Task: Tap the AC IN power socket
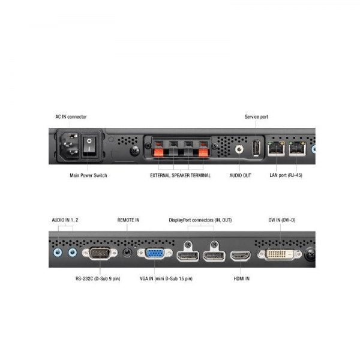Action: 70,146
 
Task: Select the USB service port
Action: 257,148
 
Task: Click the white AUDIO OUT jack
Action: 239,149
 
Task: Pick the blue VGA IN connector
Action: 155,253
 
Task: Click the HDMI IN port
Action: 241,256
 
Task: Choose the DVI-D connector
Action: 280,254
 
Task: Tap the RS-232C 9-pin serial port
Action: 100,253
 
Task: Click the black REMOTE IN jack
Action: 127,253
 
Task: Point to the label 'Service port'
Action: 256,117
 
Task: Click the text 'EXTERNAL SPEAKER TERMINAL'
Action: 180,175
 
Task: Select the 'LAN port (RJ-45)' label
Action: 286,175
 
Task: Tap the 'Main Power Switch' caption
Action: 88,175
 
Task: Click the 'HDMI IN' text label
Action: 242,279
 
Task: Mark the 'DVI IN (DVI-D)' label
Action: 282,220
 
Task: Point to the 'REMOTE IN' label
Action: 128,220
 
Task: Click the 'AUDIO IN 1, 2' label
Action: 65,220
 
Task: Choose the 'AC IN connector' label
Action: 71,117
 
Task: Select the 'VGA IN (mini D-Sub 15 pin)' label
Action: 166,279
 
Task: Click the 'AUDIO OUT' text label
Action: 241,175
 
